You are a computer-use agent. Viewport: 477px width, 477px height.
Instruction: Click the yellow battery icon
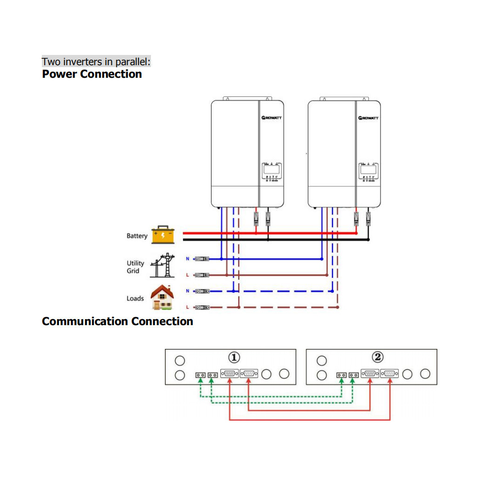click(163, 234)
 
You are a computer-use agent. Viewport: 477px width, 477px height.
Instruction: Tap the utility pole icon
click(163, 266)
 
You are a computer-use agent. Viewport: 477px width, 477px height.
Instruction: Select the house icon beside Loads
click(163, 298)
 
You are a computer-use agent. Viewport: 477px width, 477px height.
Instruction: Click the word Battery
click(137, 236)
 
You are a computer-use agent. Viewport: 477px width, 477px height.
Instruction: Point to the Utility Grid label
click(136, 267)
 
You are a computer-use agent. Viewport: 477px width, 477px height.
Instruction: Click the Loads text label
click(135, 299)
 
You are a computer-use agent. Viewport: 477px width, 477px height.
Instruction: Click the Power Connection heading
click(92, 74)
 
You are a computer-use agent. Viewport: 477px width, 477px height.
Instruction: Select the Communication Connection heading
click(117, 321)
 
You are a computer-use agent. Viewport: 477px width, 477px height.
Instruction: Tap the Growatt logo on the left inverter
click(271, 118)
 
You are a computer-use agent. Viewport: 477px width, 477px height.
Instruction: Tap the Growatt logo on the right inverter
click(368, 118)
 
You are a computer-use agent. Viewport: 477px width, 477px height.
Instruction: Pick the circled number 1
click(234, 357)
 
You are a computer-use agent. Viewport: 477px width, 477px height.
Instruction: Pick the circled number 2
click(378, 357)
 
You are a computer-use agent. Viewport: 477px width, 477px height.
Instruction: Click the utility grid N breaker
click(202, 259)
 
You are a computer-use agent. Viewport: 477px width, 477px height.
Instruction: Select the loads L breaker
click(202, 307)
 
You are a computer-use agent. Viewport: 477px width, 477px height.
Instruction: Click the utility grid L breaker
click(202, 275)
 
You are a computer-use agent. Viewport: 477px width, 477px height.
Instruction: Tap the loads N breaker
click(202, 291)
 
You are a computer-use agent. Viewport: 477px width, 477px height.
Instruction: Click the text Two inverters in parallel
click(96, 62)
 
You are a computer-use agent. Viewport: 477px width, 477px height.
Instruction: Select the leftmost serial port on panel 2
click(370, 374)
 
